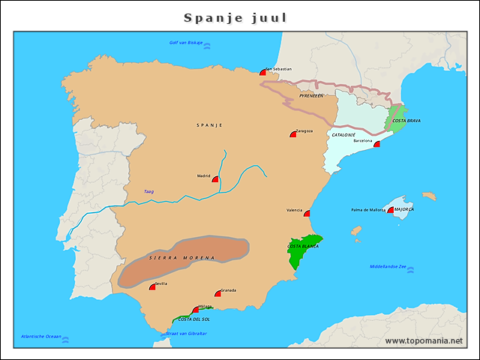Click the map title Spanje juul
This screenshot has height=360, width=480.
click(235, 17)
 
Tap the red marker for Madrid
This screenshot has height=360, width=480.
click(216, 179)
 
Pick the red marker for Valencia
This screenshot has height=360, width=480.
click(307, 214)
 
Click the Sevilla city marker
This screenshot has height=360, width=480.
click(153, 286)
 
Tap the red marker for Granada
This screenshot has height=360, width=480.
click(219, 293)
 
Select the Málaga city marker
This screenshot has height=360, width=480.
click(196, 309)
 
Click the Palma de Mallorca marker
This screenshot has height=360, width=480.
click(391, 210)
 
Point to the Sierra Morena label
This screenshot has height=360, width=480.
click(181, 258)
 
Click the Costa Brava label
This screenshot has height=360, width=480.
click(406, 121)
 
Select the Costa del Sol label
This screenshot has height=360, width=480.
click(194, 319)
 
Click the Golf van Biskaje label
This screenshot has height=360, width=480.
click(186, 43)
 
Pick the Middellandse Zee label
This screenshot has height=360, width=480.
click(388, 266)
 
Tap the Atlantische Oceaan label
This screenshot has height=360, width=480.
click(41, 336)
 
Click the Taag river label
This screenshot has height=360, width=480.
click(148, 192)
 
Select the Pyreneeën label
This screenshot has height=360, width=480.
click(310, 96)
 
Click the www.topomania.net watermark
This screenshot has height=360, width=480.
click(424, 340)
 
